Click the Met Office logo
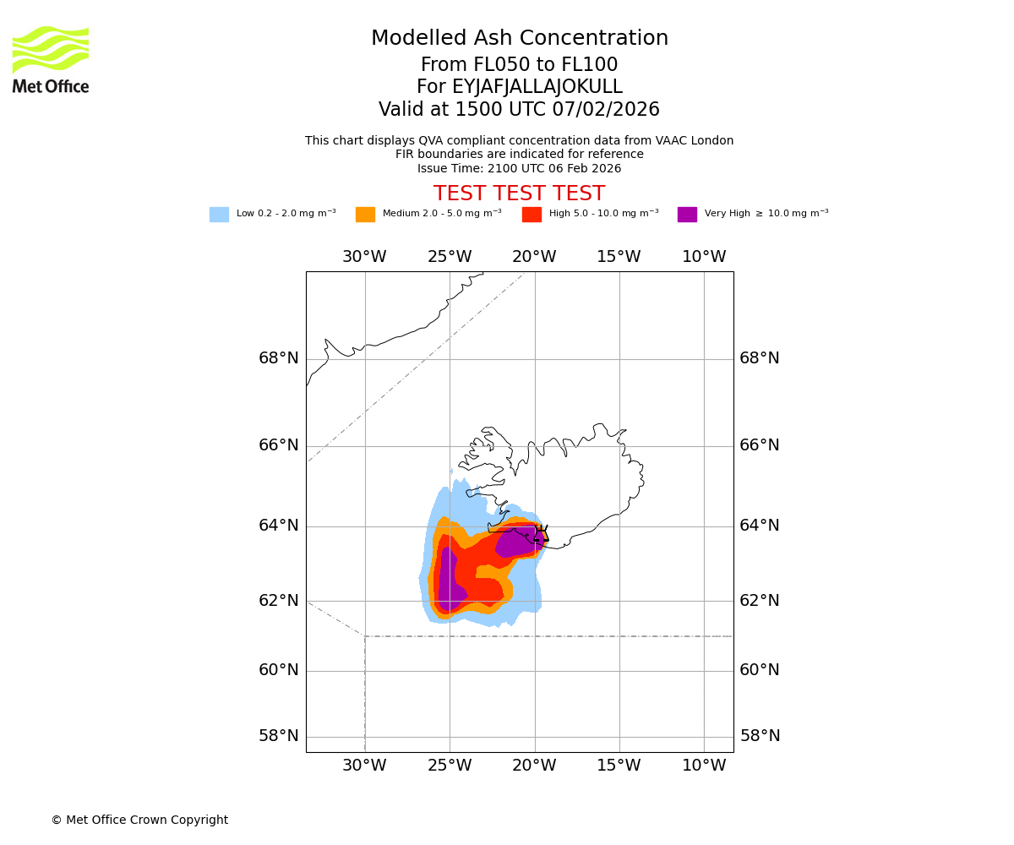pos(51,59)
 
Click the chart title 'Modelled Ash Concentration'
pos(519,39)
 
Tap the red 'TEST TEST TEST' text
pos(519,194)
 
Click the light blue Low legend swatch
pos(219,215)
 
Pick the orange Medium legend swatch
pos(365,215)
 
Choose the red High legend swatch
pos(532,215)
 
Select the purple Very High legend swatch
pos(687,215)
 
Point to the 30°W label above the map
pos(364,257)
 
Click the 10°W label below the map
pos(704,766)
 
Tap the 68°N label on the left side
pos(279,358)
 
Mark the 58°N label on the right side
pos(760,736)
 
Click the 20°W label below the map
pos(534,766)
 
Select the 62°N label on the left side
pos(279,601)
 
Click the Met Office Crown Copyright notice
pos(139,820)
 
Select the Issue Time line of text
pos(519,168)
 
